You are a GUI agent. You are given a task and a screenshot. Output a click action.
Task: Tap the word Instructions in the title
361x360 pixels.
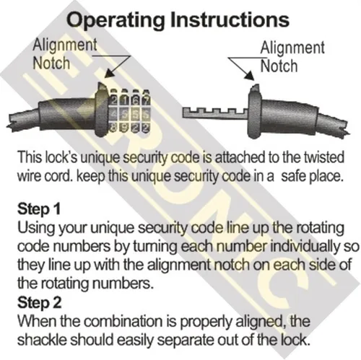[230, 19]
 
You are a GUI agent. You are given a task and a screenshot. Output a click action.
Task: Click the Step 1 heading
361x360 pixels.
[38, 208]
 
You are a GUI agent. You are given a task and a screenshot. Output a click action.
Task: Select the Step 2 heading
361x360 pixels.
[40, 302]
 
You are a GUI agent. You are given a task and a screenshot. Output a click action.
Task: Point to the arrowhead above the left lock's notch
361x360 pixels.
[110, 74]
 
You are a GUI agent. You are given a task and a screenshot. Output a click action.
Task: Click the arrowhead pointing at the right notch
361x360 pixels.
[250, 75]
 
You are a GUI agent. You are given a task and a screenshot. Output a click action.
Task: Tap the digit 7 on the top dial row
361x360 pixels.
[146, 100]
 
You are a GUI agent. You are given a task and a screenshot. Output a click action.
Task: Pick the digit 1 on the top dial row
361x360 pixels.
[126, 100]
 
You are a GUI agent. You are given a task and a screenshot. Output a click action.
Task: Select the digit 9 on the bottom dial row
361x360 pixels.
[125, 128]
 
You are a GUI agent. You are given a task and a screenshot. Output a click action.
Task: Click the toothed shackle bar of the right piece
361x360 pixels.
[215, 113]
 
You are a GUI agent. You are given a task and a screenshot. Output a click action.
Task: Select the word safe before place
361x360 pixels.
[293, 177]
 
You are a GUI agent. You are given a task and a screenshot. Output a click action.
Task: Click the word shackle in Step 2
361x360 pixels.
[42, 340]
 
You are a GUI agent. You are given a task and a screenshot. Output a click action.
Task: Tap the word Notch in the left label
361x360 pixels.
[51, 63]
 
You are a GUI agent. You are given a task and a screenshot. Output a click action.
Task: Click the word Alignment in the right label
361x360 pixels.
[292, 48]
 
